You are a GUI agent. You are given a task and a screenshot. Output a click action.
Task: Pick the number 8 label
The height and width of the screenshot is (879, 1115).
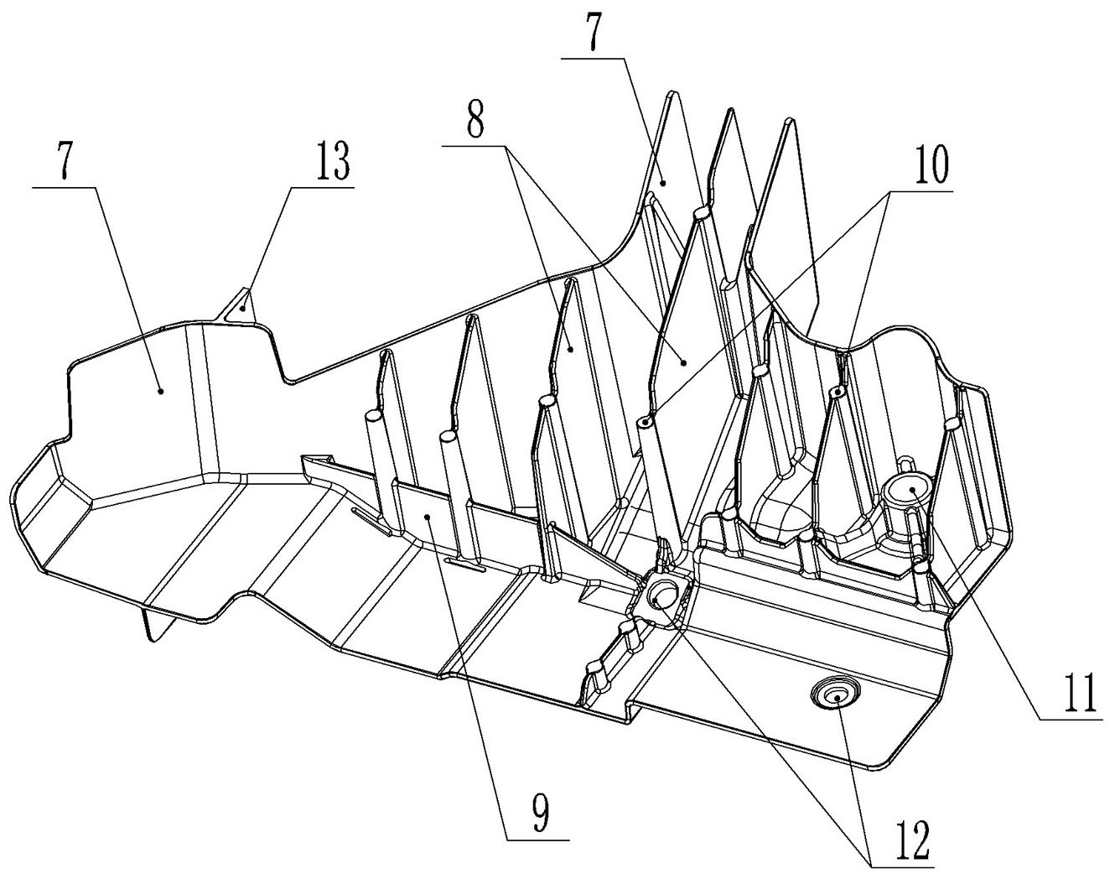475,122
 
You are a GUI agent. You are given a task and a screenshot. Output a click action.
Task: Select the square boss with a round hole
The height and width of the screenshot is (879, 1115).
664,595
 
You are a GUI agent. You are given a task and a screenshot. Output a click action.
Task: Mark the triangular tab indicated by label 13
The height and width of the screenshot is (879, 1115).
241,304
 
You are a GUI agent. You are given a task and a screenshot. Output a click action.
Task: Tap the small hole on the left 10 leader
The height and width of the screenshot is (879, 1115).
644,421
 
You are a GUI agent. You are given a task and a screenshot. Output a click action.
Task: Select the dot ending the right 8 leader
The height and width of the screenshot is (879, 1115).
684,362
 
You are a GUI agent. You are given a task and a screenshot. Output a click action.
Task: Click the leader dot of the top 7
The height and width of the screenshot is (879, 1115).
662,180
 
